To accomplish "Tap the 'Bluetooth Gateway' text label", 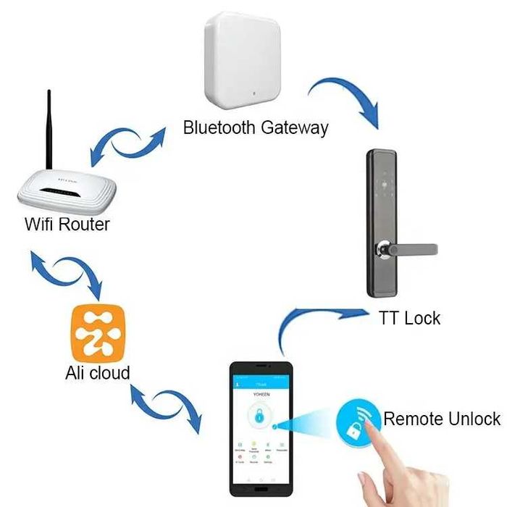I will click(256, 128).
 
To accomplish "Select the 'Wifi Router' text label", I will click(67, 224).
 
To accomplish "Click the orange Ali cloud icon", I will click(98, 333).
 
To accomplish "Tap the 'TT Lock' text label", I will click(409, 318).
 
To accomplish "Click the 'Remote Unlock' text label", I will click(442, 419).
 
